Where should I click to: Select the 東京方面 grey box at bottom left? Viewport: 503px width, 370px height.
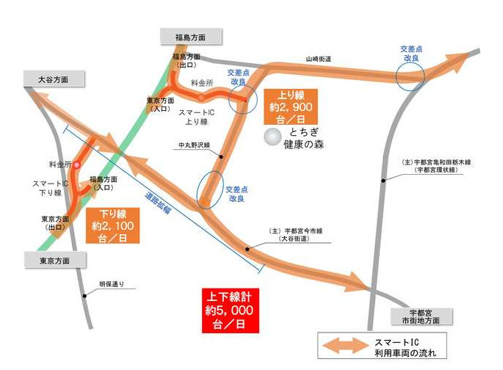pos(54,260)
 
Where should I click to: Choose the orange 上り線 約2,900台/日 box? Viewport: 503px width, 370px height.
pos(292,106)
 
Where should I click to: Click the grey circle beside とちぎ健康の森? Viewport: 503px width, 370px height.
pos(273,135)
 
